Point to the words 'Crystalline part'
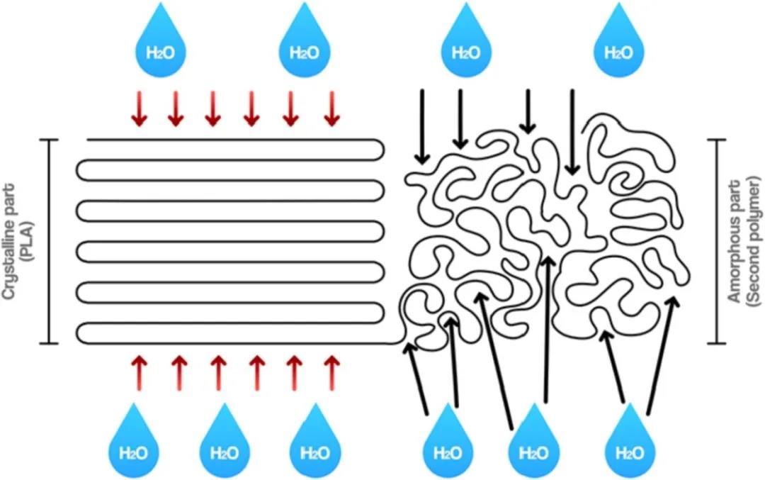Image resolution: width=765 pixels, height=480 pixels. click(9, 242)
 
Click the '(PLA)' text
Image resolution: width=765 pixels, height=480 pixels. click(27, 242)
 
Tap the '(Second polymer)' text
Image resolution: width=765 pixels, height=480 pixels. click(753, 241)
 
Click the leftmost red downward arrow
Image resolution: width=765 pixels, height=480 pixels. click(140, 108)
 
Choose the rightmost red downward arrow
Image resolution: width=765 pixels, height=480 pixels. click(331, 108)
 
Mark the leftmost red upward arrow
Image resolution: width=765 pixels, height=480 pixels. click(140, 373)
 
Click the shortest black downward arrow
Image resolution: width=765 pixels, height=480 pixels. click(528, 111)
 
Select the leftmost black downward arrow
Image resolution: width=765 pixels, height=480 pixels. click(422, 126)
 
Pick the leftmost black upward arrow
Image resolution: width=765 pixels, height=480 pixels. click(416, 378)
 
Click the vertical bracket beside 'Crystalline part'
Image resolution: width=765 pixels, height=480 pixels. click(48, 242)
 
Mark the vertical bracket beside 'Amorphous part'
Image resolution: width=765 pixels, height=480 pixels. click(716, 242)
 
